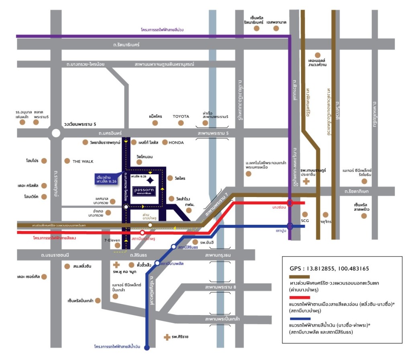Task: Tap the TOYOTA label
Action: pos(181,116)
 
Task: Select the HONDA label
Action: pos(176,142)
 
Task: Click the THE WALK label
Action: pos(83,161)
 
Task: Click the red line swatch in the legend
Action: pos(305,298)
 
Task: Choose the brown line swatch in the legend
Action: pos(305,277)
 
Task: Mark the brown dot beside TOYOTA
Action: pos(181,122)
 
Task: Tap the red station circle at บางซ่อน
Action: pos(290,203)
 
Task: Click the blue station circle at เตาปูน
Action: pos(290,226)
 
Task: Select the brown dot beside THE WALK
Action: pos(67,161)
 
